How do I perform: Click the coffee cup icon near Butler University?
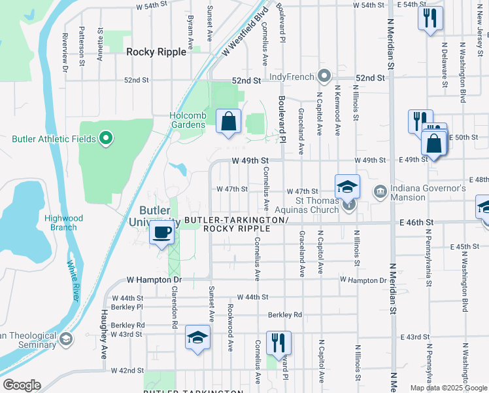(x=162, y=232)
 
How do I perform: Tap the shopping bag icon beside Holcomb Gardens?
(x=228, y=121)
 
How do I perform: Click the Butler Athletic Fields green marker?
(x=106, y=138)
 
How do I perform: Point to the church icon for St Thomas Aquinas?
(x=349, y=206)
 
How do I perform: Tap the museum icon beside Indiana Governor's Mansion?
(x=380, y=191)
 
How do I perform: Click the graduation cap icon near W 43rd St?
(x=197, y=337)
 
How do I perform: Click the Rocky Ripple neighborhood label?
(x=156, y=52)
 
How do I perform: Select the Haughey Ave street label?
(x=104, y=334)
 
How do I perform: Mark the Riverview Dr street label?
(x=65, y=48)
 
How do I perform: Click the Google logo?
(x=22, y=385)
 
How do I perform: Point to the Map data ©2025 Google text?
(x=448, y=388)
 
